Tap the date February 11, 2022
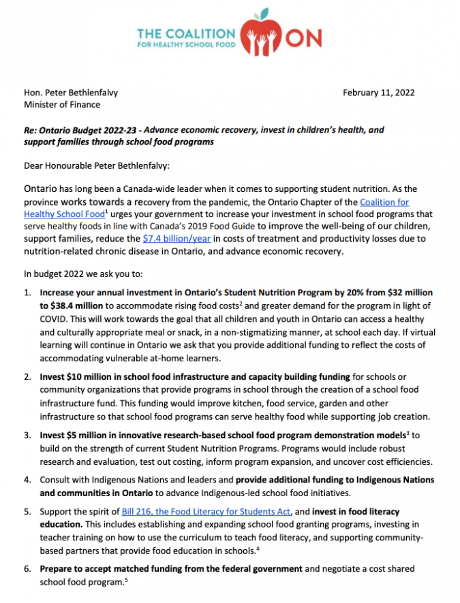coord(378,93)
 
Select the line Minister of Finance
coord(62,104)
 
